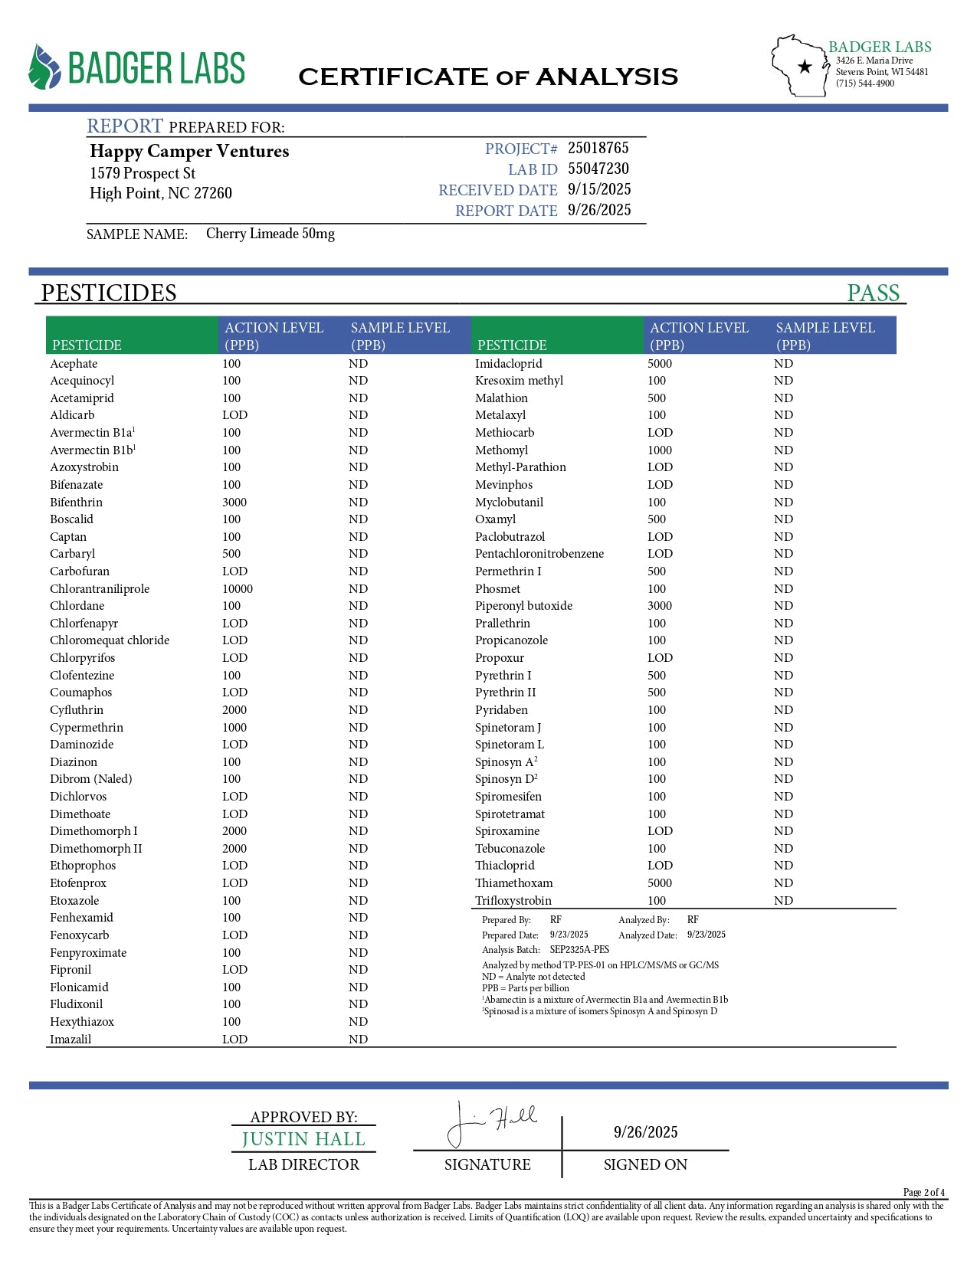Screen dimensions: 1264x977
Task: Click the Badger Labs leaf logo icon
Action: (x=44, y=67)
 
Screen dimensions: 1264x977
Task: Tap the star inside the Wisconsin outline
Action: (x=805, y=67)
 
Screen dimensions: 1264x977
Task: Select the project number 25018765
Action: (x=598, y=148)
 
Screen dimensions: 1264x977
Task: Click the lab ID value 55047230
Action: (x=598, y=169)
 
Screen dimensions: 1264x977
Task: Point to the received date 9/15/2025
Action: (x=599, y=189)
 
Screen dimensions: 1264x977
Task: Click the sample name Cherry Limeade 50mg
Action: (x=270, y=234)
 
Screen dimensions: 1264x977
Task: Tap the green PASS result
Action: (x=873, y=293)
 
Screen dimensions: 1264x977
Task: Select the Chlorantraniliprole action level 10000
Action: (x=238, y=588)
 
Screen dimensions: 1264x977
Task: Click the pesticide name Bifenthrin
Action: (x=76, y=502)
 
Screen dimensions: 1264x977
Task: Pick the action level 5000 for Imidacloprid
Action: (x=659, y=363)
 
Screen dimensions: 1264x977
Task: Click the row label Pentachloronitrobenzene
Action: (x=539, y=553)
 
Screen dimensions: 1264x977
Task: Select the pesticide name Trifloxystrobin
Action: (x=513, y=900)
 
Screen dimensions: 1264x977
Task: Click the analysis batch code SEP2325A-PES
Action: (x=579, y=949)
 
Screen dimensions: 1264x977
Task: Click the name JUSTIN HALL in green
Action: (x=303, y=1139)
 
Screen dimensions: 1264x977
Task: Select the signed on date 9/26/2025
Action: (x=645, y=1132)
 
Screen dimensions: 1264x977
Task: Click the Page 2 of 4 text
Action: (x=923, y=1192)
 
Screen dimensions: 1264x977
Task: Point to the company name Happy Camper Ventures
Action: (x=189, y=151)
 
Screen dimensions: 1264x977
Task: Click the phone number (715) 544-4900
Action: (x=864, y=84)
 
